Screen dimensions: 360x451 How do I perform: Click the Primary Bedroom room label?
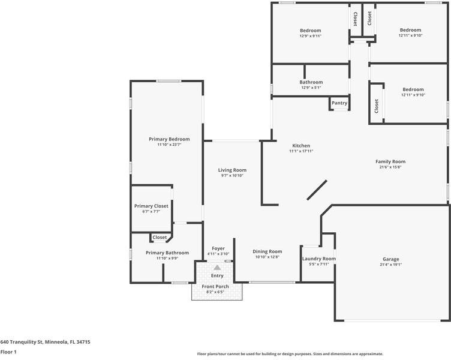pyautogui.click(x=169, y=139)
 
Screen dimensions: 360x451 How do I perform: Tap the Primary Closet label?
pyautogui.click(x=151, y=206)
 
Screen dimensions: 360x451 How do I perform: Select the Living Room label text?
pyautogui.click(x=231, y=170)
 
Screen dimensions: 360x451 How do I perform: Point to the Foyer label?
pyautogui.click(x=218, y=248)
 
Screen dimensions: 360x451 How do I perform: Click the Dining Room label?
pyautogui.click(x=267, y=251)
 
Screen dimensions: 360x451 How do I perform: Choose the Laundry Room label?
pyautogui.click(x=318, y=259)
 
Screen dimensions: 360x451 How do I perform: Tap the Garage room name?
pyautogui.click(x=390, y=259)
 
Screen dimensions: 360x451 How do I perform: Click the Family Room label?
pyautogui.click(x=390, y=161)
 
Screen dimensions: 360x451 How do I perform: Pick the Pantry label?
pyautogui.click(x=339, y=103)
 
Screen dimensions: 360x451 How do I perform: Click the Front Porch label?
pyautogui.click(x=215, y=286)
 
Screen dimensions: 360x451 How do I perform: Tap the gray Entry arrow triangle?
pyautogui.click(x=217, y=268)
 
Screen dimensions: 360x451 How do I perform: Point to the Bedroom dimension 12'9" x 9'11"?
pyautogui.click(x=310, y=36)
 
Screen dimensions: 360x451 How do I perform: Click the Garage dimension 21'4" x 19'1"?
pyautogui.click(x=390, y=265)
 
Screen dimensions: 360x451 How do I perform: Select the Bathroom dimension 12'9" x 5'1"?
pyautogui.click(x=311, y=88)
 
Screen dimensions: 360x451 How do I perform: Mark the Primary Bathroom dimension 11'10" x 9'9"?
pyautogui.click(x=167, y=259)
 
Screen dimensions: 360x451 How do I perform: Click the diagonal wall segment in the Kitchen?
pyautogui.click(x=317, y=190)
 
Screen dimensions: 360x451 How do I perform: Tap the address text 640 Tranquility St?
pyautogui.click(x=45, y=342)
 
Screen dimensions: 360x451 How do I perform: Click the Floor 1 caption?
pyautogui.click(x=8, y=352)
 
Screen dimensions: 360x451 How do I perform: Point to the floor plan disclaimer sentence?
pyautogui.click(x=290, y=354)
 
